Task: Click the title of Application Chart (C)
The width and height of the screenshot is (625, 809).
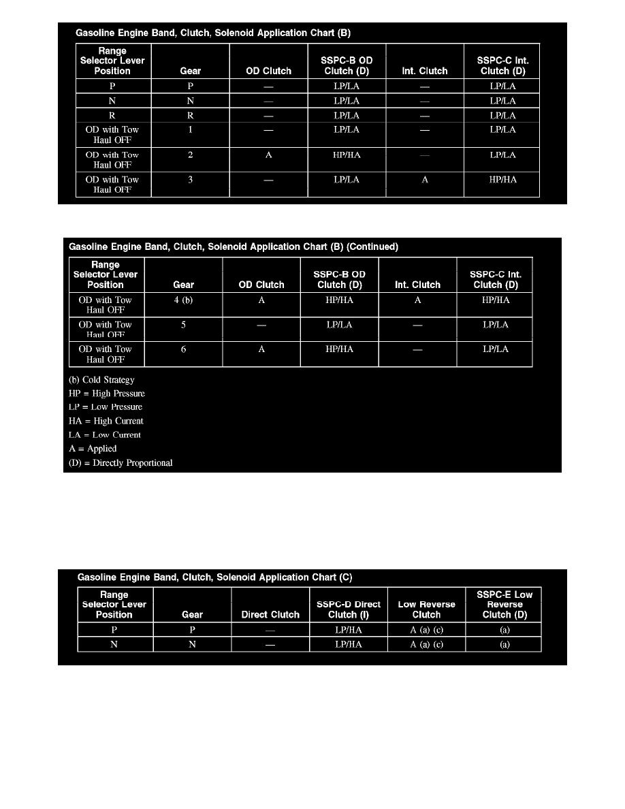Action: pyautogui.click(x=214, y=577)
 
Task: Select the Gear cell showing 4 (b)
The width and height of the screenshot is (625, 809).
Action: pyautogui.click(x=183, y=300)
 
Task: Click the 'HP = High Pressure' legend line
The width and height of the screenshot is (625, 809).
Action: pyautogui.click(x=107, y=394)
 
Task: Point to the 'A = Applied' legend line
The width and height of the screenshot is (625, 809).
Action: pyautogui.click(x=93, y=449)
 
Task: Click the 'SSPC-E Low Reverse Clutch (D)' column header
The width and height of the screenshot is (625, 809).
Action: pyautogui.click(x=504, y=604)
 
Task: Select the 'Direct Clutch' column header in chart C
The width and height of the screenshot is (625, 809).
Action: pyautogui.click(x=270, y=614)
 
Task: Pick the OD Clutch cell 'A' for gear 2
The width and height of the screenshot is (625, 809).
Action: pyautogui.click(x=268, y=155)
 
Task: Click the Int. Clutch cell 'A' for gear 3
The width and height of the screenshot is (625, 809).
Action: pyautogui.click(x=424, y=180)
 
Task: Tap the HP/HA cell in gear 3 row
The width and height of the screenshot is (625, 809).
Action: pyautogui.click(x=502, y=180)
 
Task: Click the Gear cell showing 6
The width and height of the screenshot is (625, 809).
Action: pyautogui.click(x=183, y=349)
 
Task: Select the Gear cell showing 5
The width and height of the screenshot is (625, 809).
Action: pyautogui.click(x=183, y=325)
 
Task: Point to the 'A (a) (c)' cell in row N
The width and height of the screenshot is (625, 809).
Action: pyautogui.click(x=426, y=644)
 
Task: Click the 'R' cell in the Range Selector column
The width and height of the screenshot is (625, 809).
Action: pyautogui.click(x=112, y=116)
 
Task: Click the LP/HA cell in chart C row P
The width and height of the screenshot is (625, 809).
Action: pyautogui.click(x=348, y=630)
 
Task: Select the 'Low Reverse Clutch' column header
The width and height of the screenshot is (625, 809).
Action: pyautogui.click(x=426, y=609)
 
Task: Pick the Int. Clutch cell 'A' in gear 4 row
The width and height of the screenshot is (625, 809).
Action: pyautogui.click(x=417, y=300)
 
